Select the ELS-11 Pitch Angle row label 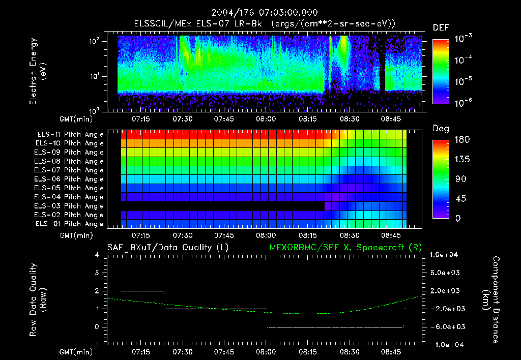point(70,135)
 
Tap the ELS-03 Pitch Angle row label point(70,206)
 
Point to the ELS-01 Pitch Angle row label point(70,224)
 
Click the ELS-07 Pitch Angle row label point(70,170)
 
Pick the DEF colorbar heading point(440,27)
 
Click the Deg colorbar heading point(440,129)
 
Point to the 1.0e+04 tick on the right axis point(446,255)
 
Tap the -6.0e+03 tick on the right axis point(446,326)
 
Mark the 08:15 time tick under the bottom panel point(308,352)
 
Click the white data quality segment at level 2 point(142,291)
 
